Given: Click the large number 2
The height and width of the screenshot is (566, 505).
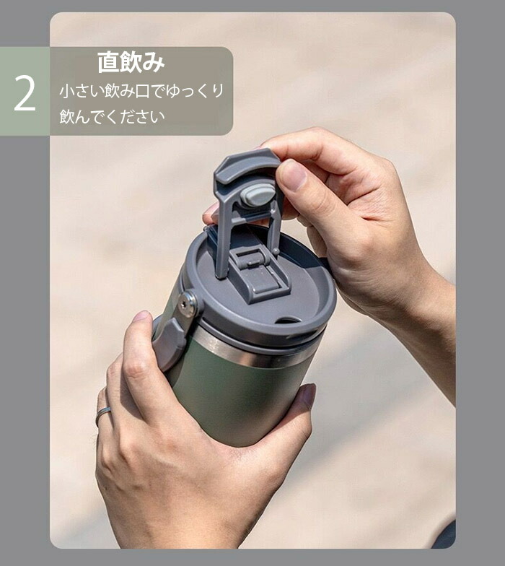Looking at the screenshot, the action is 25,94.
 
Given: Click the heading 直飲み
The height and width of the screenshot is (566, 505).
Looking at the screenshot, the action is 131,62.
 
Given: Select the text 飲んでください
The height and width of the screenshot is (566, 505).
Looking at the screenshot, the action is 112,116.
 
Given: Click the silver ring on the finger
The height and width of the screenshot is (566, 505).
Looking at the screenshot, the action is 102,414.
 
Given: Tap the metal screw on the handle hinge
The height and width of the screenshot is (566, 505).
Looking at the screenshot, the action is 188,304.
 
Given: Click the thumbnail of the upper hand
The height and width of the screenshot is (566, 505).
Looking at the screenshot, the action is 293,175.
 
